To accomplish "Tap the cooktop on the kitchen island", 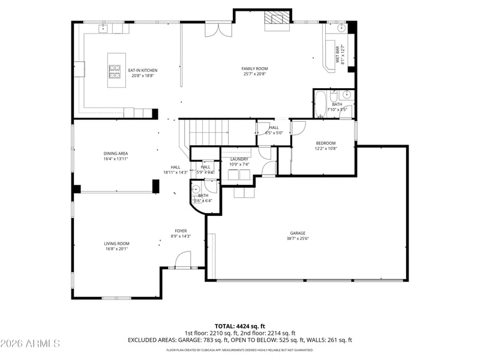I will coord(114,71).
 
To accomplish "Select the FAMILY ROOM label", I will coord(254,69).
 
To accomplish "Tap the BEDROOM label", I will coord(326,143).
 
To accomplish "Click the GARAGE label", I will coord(298,233).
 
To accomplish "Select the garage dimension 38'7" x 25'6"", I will coord(298,239).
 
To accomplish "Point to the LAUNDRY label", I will coord(239,159).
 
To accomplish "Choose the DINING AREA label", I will coord(115,154).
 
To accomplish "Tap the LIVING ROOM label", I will coord(116,244).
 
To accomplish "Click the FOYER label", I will coord(181,231).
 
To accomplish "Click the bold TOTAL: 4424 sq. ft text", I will coord(239,326).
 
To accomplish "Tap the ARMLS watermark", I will coord(30,344).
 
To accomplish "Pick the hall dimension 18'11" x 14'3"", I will coord(176,172).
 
